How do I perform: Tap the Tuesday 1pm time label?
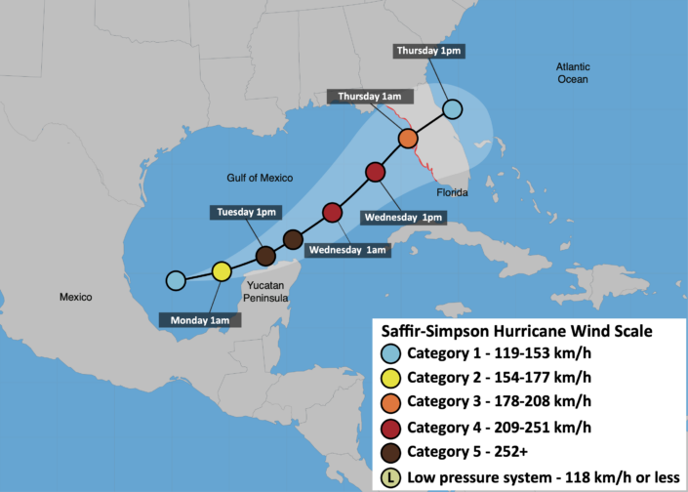tap(246, 212)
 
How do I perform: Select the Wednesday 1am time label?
tap(347, 250)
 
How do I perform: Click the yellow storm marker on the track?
tap(222, 270)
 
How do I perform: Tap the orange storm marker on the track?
tap(408, 138)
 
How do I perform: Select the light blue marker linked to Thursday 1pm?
tap(452, 108)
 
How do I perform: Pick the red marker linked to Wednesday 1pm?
tap(376, 173)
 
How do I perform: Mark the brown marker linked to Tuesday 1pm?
tap(264, 256)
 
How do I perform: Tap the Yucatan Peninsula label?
tap(264, 291)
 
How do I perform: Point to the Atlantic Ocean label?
tap(573, 72)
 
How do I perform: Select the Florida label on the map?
tap(452, 192)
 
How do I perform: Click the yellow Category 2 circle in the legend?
tap(390, 377)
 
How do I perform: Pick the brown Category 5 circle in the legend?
tap(390, 453)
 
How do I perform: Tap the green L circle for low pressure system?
tap(390, 478)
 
